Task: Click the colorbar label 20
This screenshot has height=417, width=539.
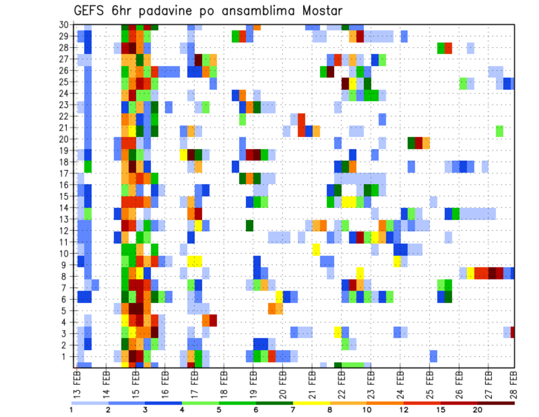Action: tap(478, 410)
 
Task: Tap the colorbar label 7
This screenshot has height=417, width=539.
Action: tap(293, 410)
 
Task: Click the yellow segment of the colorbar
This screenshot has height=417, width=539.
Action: tap(312, 403)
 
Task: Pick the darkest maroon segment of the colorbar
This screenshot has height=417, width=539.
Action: tap(496, 403)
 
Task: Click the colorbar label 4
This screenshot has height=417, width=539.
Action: tap(182, 410)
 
